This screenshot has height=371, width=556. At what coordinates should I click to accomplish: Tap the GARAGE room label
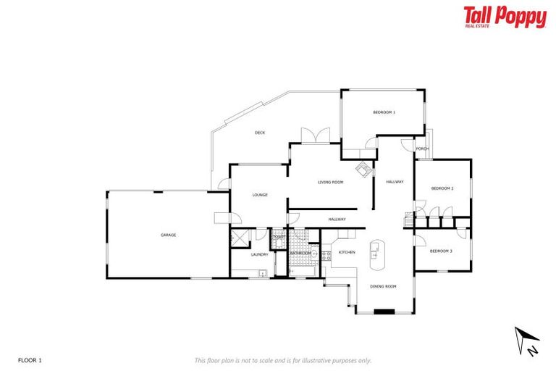[168, 235]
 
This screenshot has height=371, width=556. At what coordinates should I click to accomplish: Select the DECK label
[260, 133]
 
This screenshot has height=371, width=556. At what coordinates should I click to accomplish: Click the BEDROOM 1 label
[384, 112]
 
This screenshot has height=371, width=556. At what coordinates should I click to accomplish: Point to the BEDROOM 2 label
[442, 188]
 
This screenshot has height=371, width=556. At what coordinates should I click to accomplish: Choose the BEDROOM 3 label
[440, 251]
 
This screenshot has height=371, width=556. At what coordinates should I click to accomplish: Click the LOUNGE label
[260, 195]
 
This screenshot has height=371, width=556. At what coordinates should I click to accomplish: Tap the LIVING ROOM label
[330, 182]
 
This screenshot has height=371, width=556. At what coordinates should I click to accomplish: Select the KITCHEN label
[347, 252]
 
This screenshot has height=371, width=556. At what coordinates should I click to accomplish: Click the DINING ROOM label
[383, 286]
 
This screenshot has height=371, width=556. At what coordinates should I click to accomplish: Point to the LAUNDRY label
[260, 254]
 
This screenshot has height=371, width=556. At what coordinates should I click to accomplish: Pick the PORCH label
[422, 149]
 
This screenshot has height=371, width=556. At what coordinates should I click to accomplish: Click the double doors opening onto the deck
[316, 136]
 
